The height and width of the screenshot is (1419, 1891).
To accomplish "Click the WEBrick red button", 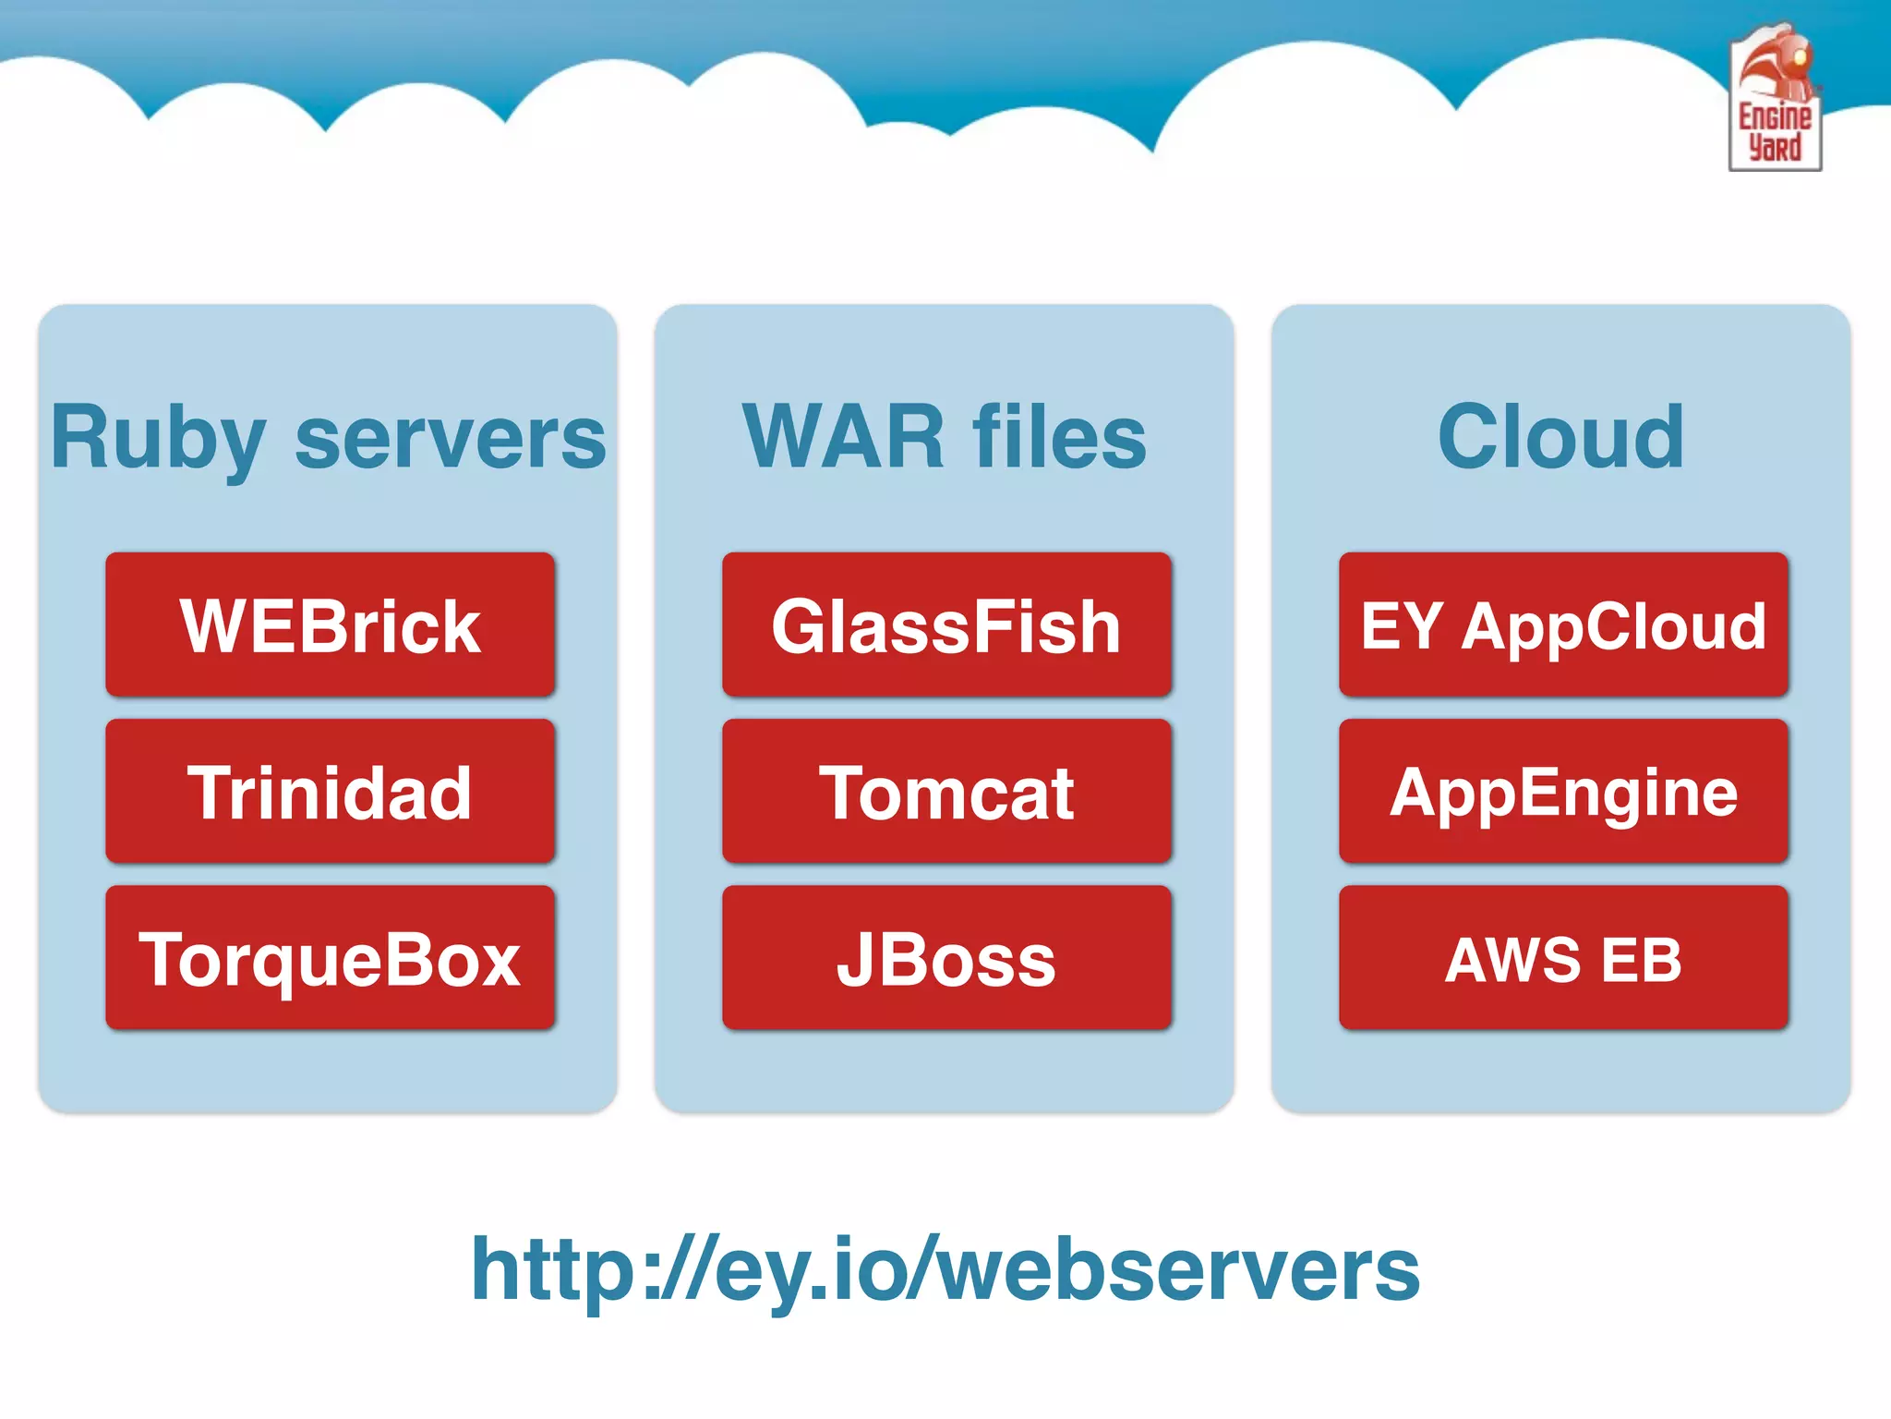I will [330, 625].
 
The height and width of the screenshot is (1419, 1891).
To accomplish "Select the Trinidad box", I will [330, 792].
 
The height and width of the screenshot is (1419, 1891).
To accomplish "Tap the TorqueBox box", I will [330, 958].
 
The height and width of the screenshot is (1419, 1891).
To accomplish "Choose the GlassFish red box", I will [946, 625].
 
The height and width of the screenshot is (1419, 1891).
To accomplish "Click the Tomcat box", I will [946, 792].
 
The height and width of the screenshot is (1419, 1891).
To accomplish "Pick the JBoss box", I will [946, 958].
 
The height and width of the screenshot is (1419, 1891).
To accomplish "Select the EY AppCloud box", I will [1563, 625].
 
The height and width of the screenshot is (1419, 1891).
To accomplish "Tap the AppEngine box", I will [1563, 792].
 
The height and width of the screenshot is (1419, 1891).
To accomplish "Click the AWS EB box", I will [1563, 958].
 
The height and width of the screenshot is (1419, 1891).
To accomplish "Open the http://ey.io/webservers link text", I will [945, 1271].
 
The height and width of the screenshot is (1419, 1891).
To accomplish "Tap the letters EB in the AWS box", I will [1641, 960].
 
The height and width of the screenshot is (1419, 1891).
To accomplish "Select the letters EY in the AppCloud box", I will [1401, 626].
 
